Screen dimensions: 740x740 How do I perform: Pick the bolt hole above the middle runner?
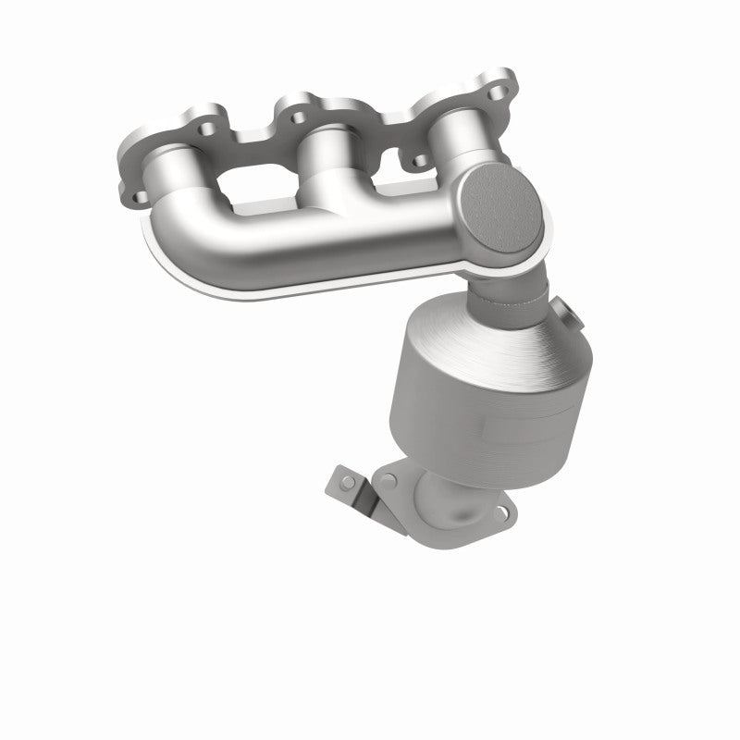[x=298, y=118]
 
